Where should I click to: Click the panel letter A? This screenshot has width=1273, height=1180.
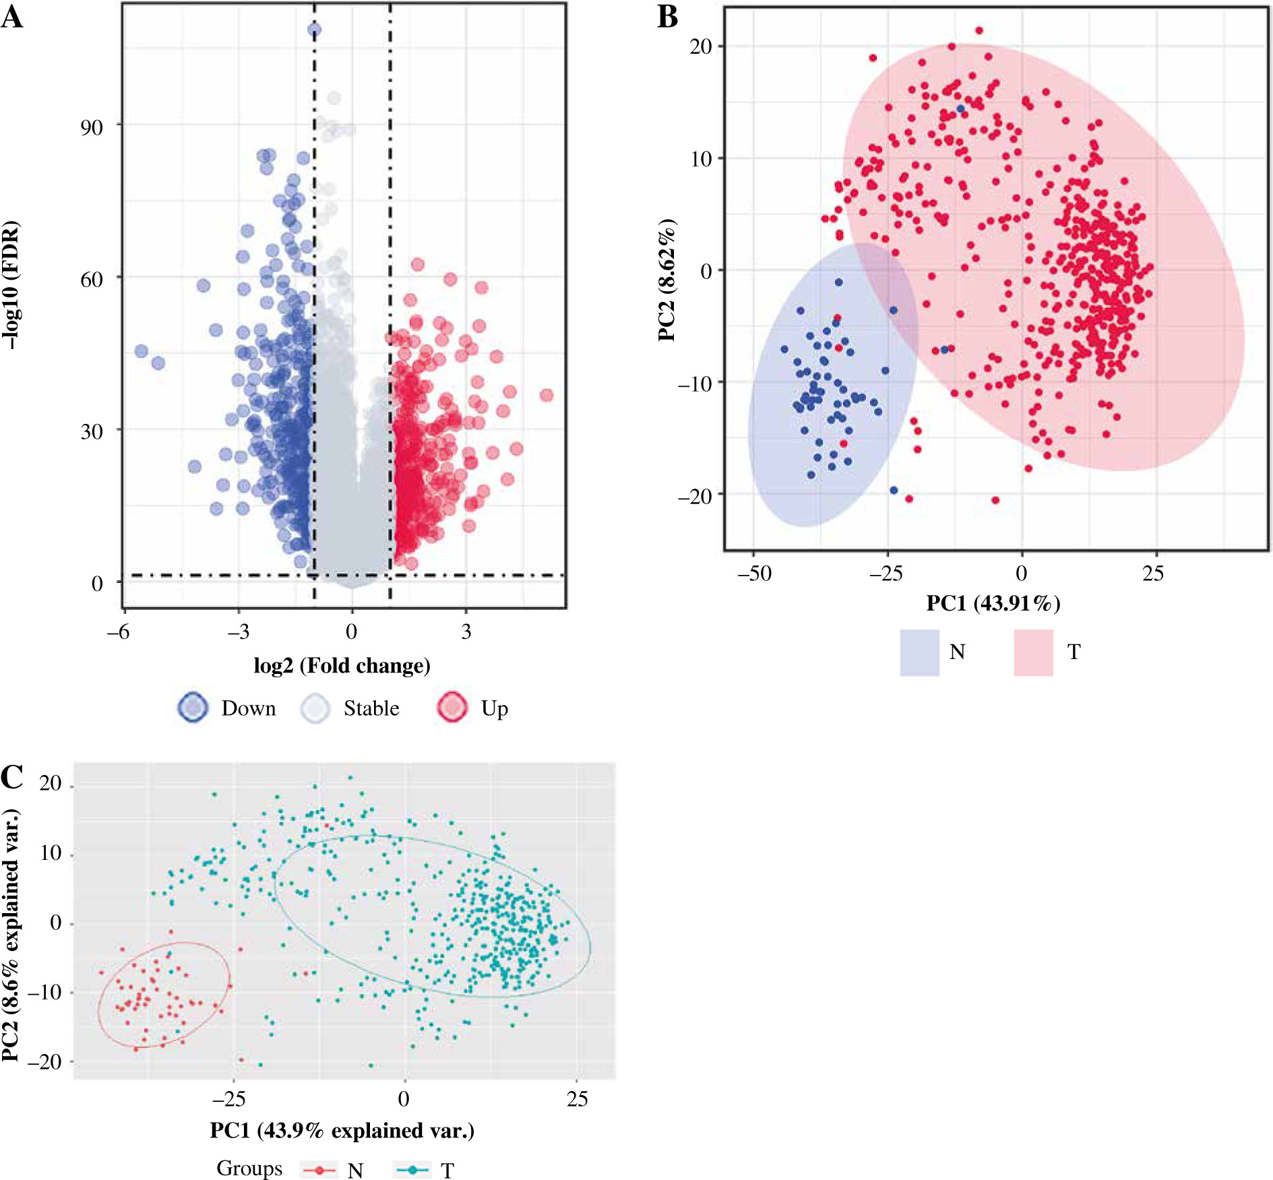tap(12, 17)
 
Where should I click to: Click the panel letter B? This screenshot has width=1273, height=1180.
tap(667, 17)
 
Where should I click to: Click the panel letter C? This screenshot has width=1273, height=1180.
tap(12, 777)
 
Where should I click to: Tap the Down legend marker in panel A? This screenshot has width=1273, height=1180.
tap(193, 708)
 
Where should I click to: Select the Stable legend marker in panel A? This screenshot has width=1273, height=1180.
tap(315, 708)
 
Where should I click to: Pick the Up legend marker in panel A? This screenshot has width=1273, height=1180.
tap(452, 708)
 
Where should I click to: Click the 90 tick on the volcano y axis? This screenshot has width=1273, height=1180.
tap(92, 127)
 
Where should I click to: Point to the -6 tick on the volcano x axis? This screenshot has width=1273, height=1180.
tap(118, 631)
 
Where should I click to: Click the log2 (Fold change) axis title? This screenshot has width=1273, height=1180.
tap(342, 666)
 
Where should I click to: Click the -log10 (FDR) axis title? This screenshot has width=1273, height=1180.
tap(11, 284)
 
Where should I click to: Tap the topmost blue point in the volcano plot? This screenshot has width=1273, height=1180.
tap(314, 29)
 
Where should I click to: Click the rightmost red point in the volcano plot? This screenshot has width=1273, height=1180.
tap(547, 395)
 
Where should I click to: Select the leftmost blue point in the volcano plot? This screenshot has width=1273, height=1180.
tap(141, 351)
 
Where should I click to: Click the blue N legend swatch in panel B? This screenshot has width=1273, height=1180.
tap(919, 652)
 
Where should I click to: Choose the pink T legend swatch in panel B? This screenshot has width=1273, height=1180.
tap(1033, 652)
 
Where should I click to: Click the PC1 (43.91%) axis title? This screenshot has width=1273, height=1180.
tap(993, 602)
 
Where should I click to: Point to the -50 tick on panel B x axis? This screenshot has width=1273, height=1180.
tap(754, 573)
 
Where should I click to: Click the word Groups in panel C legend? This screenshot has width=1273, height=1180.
tap(249, 1168)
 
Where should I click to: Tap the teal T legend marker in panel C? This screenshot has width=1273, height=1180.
tap(412, 1170)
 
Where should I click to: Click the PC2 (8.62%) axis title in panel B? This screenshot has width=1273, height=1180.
tap(666, 280)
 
